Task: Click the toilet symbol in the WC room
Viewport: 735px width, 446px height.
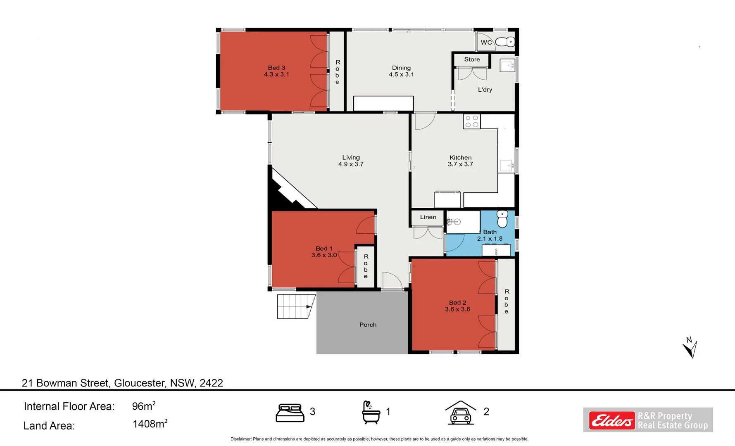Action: coord(505,42)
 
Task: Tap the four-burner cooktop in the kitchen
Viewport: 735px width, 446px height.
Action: coord(471,121)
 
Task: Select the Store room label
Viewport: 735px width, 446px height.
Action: coord(472,59)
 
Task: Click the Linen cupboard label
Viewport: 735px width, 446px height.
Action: coord(428,217)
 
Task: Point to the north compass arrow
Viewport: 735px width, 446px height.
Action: coord(690,348)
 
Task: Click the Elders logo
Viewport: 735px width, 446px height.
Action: coord(612,420)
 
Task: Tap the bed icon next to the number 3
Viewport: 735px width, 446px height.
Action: coord(290,413)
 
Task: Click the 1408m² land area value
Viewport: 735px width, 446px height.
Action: coord(150,424)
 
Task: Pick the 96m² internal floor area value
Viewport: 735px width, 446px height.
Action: coord(143,406)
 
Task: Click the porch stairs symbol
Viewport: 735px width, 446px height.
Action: coord(295,306)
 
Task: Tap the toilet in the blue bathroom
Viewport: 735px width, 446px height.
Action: coord(502,219)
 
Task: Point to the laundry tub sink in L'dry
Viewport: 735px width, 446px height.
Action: coord(507,65)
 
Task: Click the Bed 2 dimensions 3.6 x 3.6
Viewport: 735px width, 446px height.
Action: coord(457,309)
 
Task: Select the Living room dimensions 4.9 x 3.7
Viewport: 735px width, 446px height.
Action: coord(351,164)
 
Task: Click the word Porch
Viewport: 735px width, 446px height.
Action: coord(368,325)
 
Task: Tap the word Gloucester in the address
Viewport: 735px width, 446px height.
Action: coord(139,383)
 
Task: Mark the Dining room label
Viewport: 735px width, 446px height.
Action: coord(401,68)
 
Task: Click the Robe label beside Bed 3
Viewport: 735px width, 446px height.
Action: coord(338,72)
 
